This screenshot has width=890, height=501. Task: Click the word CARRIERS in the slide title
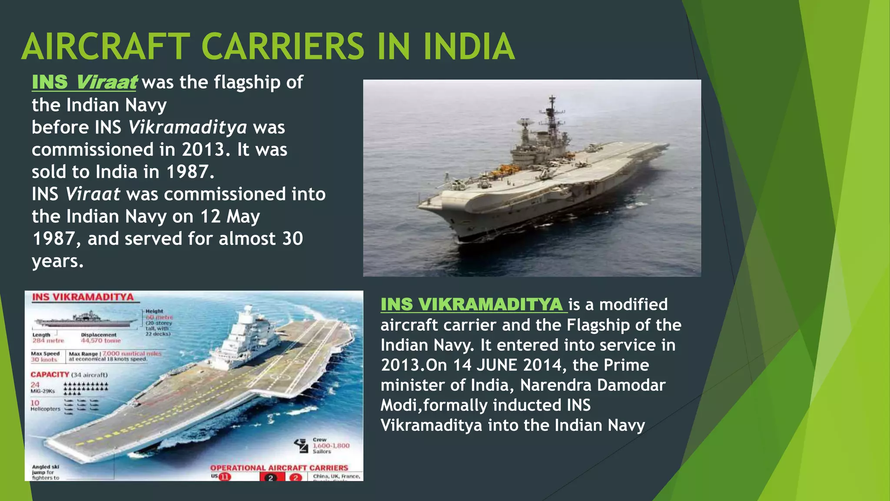click(282, 47)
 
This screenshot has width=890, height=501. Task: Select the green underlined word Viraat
click(106, 82)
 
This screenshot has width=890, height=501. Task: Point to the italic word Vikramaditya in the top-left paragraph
click(187, 127)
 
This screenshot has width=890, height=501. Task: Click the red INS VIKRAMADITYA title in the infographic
click(83, 297)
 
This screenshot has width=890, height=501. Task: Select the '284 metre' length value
click(48, 341)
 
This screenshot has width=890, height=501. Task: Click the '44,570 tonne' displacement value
click(101, 341)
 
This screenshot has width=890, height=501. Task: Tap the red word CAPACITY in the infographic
click(50, 374)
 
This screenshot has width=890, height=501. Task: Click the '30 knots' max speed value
click(44, 360)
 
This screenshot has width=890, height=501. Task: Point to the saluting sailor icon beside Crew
click(301, 445)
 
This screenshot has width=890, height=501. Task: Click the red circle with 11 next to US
click(225, 477)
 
